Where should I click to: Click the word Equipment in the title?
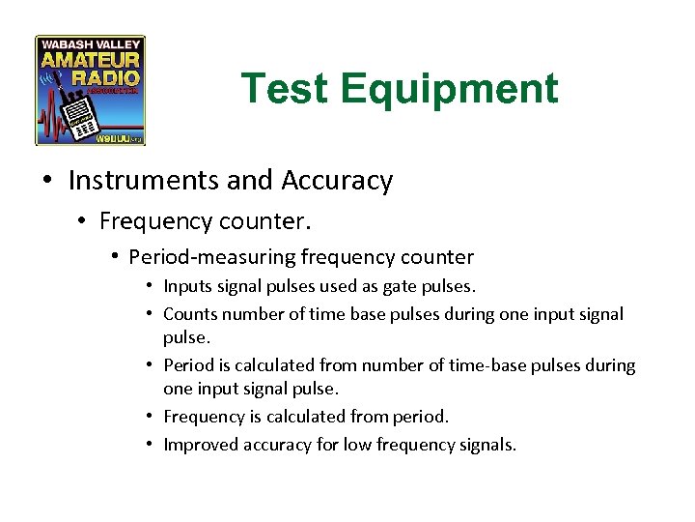[449, 89]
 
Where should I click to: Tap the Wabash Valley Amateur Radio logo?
[91, 91]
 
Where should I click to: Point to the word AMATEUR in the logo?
[91, 60]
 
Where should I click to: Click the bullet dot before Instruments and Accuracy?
[48, 181]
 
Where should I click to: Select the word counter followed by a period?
[267, 221]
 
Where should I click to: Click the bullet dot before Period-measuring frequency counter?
[115, 257]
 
